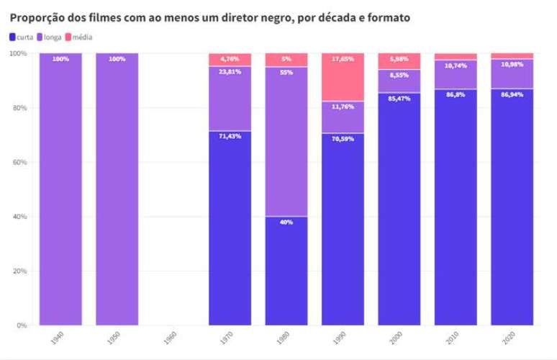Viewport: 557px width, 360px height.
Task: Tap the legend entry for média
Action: tap(78, 37)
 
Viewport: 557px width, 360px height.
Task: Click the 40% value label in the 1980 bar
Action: tap(286, 222)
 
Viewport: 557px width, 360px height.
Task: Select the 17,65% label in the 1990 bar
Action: tap(343, 59)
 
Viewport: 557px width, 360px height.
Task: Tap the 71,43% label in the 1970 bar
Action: tap(230, 136)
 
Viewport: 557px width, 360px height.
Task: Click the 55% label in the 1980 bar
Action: tap(286, 73)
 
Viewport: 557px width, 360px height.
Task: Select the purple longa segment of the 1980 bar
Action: tap(286, 144)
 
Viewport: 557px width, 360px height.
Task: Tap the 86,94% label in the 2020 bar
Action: tap(512, 94)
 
